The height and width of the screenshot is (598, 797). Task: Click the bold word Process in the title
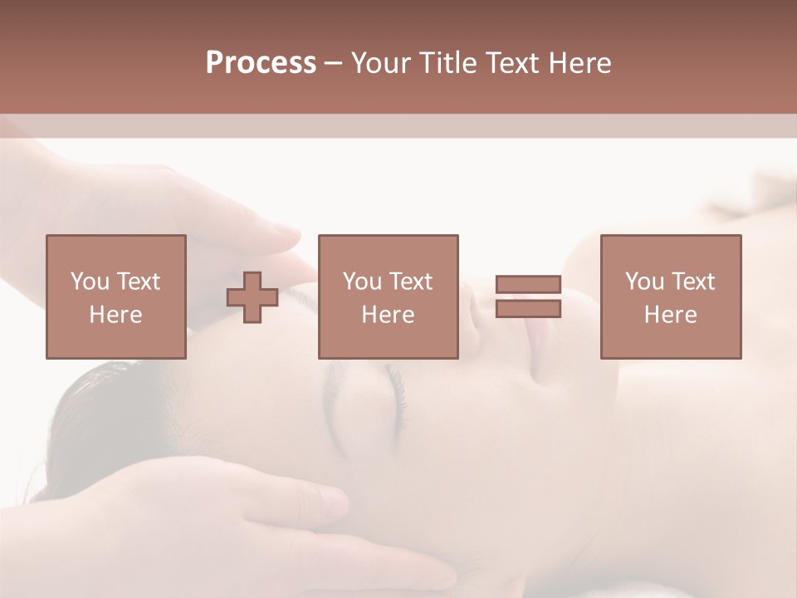click(x=261, y=63)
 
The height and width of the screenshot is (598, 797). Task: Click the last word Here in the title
click(x=579, y=63)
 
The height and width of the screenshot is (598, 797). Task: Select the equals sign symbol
click(x=529, y=297)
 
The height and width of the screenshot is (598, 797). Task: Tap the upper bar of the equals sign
click(x=529, y=285)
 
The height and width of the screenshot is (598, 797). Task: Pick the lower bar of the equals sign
click(x=529, y=309)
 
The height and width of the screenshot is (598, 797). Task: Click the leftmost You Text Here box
click(x=116, y=297)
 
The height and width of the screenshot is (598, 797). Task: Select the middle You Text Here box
click(x=388, y=297)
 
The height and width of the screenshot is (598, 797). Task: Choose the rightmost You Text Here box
click(x=670, y=297)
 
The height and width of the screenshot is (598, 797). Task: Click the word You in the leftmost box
click(x=89, y=282)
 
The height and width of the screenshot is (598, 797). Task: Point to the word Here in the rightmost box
click(x=670, y=315)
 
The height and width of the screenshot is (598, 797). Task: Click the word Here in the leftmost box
click(x=116, y=315)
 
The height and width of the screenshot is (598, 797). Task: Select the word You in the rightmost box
click(x=643, y=282)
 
